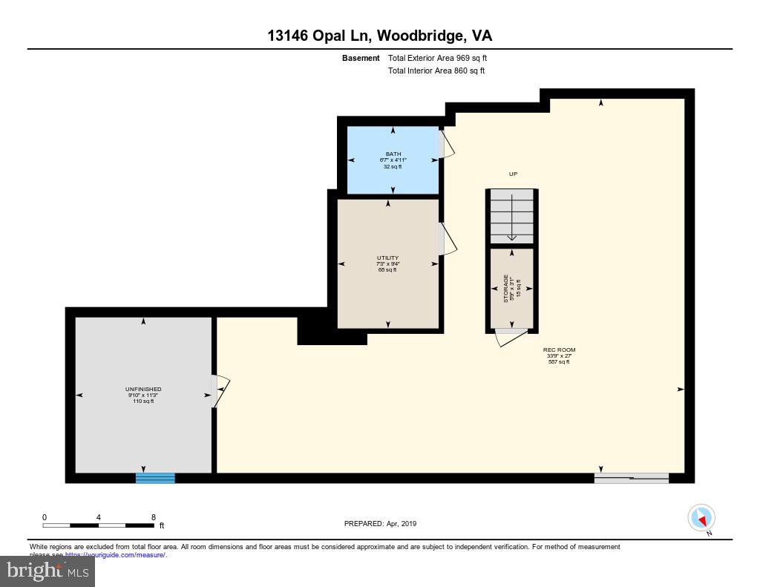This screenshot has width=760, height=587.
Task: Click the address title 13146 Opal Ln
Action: click(379, 36)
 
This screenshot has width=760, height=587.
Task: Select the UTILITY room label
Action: click(387, 263)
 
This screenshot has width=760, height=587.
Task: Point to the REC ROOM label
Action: click(559, 355)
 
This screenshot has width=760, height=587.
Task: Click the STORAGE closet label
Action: click(512, 288)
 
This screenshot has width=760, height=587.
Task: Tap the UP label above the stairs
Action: click(513, 174)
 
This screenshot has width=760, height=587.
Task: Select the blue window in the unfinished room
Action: click(155, 478)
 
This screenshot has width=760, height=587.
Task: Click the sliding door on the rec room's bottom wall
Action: click(632, 478)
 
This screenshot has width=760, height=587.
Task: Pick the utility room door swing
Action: click(448, 240)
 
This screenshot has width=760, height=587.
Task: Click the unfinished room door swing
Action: click(220, 390)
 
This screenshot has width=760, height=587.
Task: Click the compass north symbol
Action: click(701, 517)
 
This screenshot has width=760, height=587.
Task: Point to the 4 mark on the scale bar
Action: click(98, 517)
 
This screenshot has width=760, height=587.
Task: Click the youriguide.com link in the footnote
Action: click(115, 554)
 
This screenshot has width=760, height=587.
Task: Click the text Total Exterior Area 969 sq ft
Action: click(437, 58)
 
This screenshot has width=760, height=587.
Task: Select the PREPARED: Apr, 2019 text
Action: click(380, 523)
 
